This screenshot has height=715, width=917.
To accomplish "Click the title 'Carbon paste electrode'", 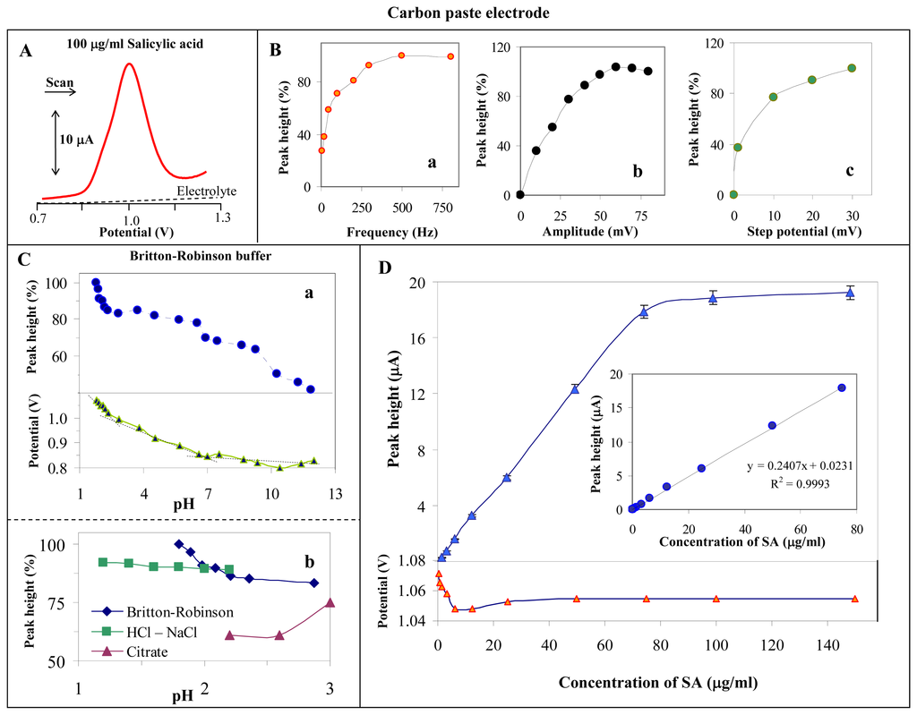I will [x=458, y=13].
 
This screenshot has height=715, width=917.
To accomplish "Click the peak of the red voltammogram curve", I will [x=130, y=64].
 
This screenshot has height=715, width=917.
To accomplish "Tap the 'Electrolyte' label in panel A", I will [x=201, y=190].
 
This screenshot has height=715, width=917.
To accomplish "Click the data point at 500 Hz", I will [x=402, y=55].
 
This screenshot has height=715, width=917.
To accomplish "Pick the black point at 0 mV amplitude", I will [x=520, y=194].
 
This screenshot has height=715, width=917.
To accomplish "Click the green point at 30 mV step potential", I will [x=852, y=68].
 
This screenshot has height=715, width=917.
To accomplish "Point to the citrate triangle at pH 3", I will [x=330, y=603].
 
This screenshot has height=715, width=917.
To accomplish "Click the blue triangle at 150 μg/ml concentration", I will [x=850, y=293].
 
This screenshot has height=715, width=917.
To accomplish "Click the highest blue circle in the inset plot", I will [x=842, y=387].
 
